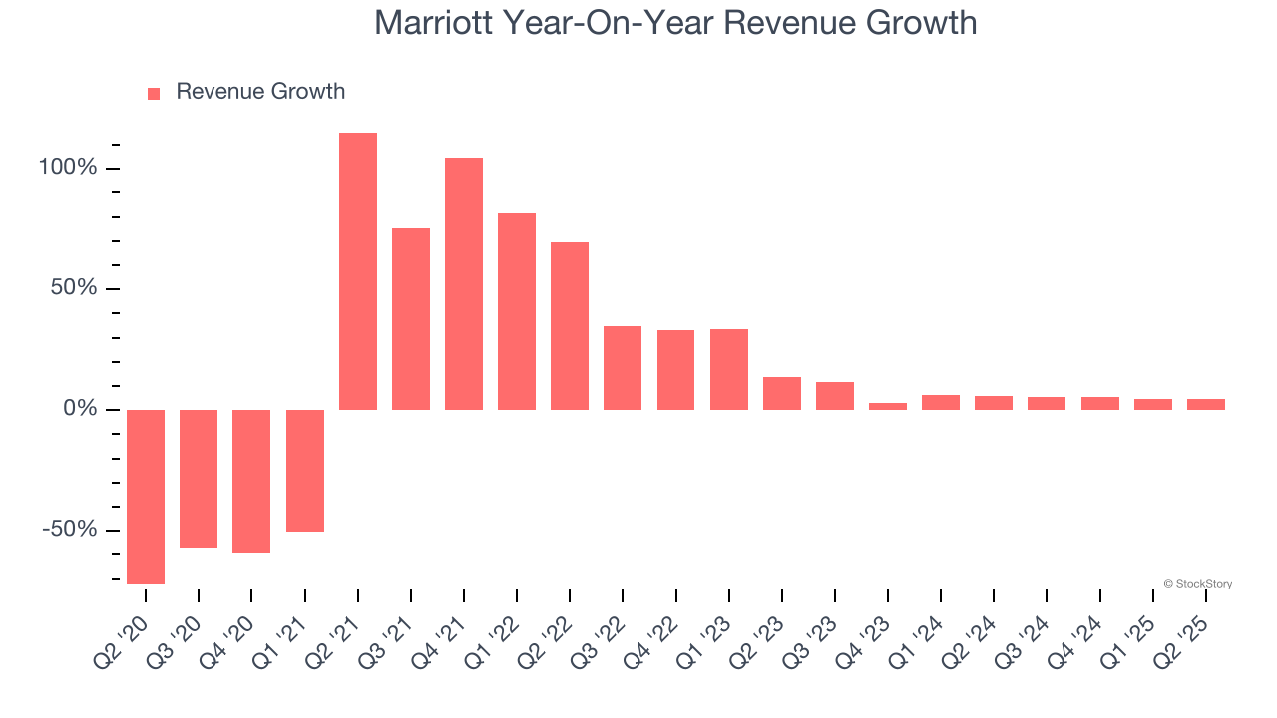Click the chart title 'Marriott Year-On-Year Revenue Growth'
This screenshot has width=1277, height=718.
tap(675, 22)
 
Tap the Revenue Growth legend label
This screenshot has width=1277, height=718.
tap(259, 92)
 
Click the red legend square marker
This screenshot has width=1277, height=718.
tap(154, 94)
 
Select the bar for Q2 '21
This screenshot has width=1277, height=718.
tap(358, 271)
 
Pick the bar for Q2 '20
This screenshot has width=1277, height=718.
tap(146, 497)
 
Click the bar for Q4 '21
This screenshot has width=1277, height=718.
tap(464, 283)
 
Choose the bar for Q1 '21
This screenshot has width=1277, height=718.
tap(305, 470)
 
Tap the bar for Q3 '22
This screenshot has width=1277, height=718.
tap(623, 367)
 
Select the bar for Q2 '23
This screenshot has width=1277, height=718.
tap(782, 393)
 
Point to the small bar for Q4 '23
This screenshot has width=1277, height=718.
tap(888, 406)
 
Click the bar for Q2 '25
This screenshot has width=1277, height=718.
tap(1206, 404)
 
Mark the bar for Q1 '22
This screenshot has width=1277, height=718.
tap(517, 311)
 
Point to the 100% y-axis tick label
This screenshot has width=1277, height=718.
tap(68, 168)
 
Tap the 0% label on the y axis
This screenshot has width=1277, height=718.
tap(80, 409)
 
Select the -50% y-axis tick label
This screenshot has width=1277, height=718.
tap(69, 530)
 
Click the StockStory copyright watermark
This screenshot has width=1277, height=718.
tap(1197, 584)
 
